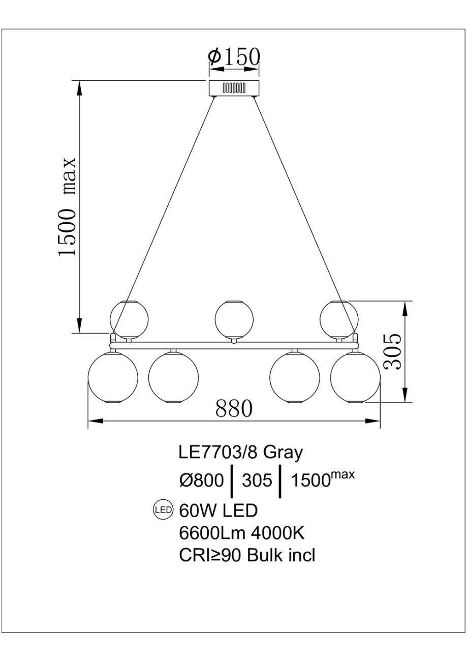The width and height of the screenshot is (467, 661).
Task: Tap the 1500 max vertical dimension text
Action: pos(68,207)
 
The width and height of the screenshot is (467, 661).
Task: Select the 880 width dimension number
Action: pos(234,409)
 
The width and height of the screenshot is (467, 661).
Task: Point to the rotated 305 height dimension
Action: pos(393,351)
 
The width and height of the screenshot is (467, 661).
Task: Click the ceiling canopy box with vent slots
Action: pos(234,88)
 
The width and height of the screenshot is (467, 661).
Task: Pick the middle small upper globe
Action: pos(234,320)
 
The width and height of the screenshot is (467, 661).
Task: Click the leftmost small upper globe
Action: pos(129,320)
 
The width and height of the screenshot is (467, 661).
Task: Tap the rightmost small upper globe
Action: pos(339,320)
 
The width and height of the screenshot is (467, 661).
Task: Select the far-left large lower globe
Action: pos(113,377)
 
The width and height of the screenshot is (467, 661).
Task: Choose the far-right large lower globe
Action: pos(355,377)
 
